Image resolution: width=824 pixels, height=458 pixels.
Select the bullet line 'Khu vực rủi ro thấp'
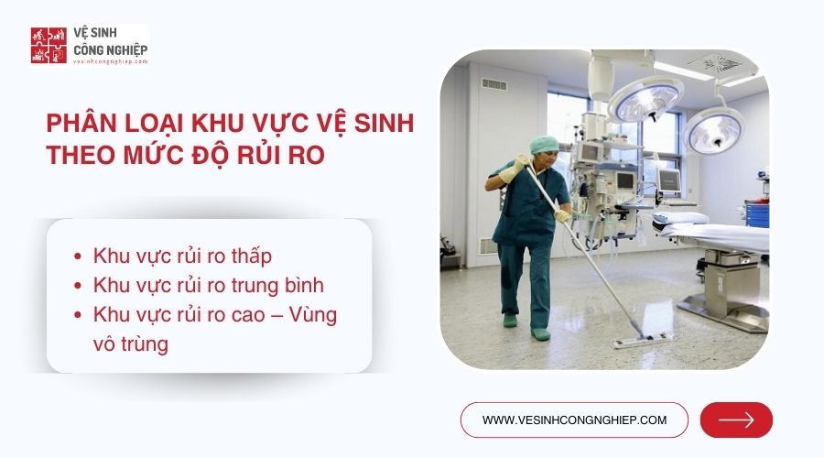183,256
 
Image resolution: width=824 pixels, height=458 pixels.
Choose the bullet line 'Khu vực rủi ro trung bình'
209,284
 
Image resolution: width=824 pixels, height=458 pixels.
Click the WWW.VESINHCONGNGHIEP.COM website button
574,420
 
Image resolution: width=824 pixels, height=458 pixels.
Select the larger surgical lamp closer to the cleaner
645,97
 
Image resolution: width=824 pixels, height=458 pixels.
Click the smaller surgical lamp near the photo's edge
713,129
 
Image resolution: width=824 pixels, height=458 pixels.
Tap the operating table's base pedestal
732,293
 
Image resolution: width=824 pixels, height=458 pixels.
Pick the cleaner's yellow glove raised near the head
510,169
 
